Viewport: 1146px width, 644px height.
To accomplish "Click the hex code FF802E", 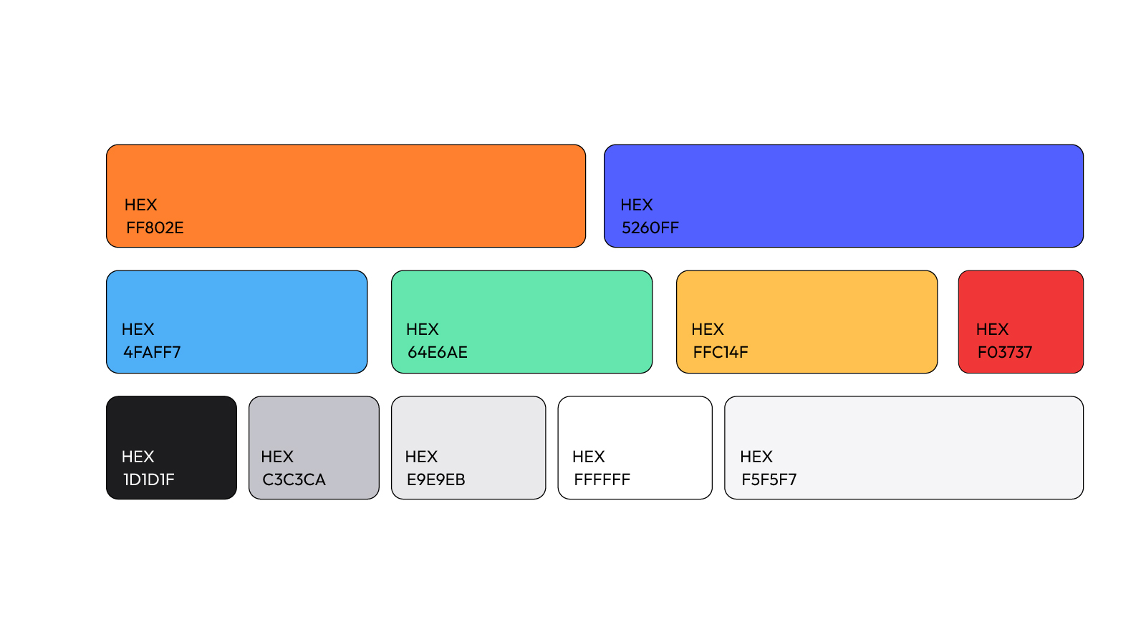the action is [155, 228].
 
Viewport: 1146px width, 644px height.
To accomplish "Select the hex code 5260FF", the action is [650, 228].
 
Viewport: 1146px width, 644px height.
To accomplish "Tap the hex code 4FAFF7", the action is [152, 352].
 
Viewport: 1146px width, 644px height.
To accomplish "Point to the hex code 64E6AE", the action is [438, 352].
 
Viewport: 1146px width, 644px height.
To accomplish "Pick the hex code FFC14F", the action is [721, 352].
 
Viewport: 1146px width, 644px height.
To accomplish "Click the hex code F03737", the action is [1005, 352].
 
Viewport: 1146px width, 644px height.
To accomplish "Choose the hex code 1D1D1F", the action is [149, 479].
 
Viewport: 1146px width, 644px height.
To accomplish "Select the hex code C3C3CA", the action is [294, 479].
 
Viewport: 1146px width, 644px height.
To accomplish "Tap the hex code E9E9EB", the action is [436, 479].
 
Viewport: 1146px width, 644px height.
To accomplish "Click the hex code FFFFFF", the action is [602, 479].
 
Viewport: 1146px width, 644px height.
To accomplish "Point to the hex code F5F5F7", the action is [769, 479].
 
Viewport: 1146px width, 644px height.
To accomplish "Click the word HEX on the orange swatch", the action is [140, 205].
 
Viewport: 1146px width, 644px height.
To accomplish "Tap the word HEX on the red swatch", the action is [992, 329].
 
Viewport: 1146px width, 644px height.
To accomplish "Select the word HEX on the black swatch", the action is [138, 457].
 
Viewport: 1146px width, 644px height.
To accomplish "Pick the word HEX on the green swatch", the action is [422, 329].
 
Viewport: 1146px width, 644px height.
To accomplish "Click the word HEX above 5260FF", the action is [637, 205].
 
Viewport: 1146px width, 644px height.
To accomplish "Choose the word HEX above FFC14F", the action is [708, 329].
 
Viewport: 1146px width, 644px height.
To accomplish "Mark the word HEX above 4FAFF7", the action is [138, 329].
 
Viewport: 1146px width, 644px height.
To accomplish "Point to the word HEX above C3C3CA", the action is [276, 457].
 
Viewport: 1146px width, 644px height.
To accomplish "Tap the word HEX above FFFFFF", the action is [588, 457].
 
